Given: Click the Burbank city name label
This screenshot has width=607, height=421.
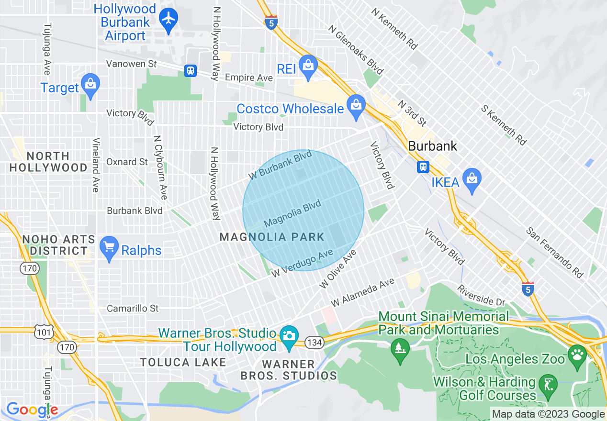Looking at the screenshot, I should pyautogui.click(x=433, y=146).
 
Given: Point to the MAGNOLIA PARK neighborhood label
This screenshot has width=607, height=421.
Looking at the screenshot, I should pyautogui.click(x=272, y=237).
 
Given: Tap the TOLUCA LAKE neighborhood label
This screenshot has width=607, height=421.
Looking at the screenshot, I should pyautogui.click(x=183, y=363).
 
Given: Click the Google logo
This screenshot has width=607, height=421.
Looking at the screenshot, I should pyautogui.click(x=32, y=410).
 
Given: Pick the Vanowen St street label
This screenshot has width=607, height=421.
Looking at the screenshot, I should pyautogui.click(x=132, y=64).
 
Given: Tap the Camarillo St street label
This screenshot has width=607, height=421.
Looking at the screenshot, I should pyautogui.click(x=133, y=309).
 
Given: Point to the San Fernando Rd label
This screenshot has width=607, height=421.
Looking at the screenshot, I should pyautogui.click(x=555, y=252).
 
